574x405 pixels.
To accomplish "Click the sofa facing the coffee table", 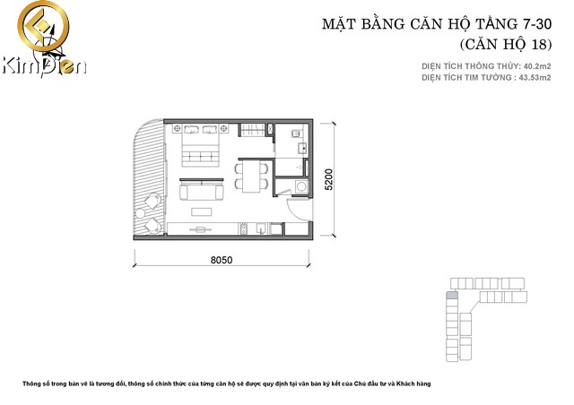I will click(203, 191).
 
